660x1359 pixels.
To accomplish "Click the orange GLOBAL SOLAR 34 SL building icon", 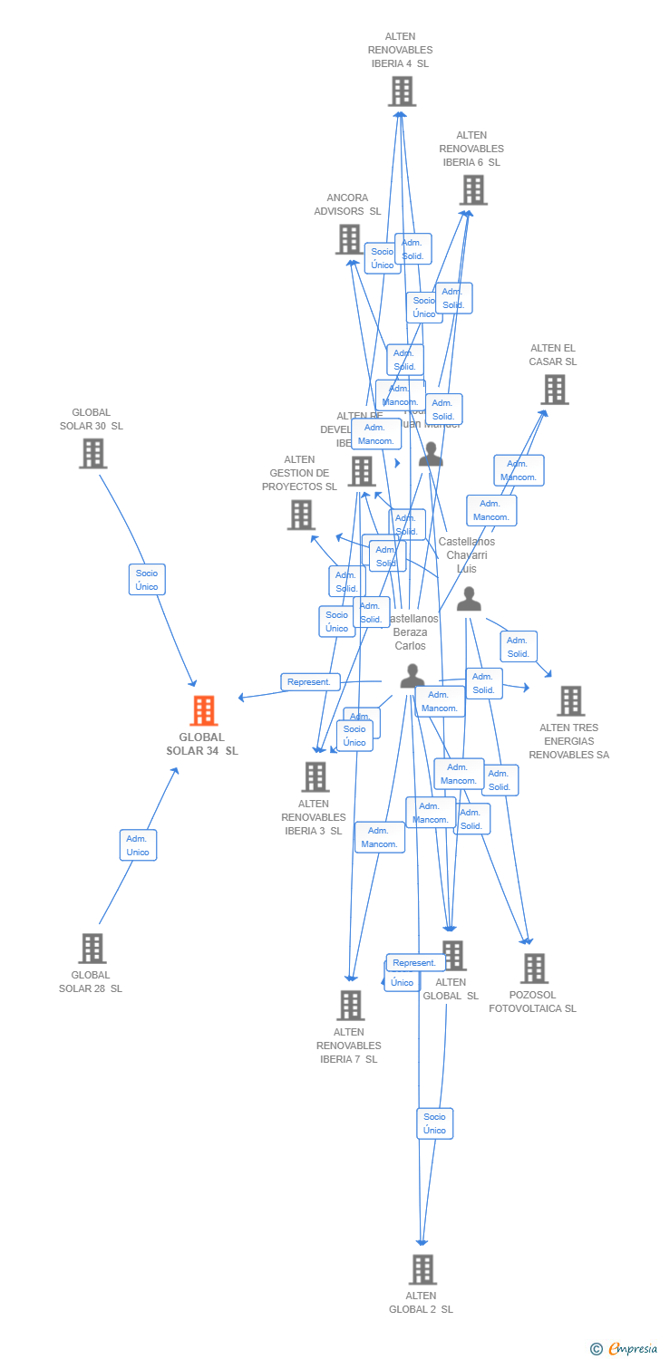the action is click(x=204, y=711).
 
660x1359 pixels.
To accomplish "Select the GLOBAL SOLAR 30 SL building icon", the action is click(x=92, y=453).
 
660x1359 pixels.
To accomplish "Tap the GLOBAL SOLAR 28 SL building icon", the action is click(x=92, y=949).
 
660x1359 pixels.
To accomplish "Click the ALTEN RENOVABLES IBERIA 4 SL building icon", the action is click(x=401, y=92).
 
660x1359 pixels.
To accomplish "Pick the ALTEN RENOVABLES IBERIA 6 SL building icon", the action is click(x=472, y=190).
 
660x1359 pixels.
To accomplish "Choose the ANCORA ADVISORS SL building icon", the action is click(x=349, y=239).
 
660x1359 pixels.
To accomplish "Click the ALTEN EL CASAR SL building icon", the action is click(x=554, y=390).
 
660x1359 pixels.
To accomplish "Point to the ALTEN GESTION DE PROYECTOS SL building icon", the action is click(x=301, y=515).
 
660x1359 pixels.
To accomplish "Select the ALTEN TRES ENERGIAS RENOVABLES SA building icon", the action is click(x=570, y=700).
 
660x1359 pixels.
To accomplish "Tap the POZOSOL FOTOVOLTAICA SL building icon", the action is click(x=534, y=969).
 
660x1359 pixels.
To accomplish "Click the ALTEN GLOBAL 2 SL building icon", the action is click(x=422, y=1269).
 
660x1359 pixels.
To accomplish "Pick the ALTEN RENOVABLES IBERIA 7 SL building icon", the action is click(x=350, y=1005).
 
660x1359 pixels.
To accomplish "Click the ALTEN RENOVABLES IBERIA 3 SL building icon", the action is click(x=315, y=776).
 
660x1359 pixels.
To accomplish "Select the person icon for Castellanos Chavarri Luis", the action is click(x=469, y=599).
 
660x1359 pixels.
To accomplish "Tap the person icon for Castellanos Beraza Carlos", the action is click(x=412, y=676).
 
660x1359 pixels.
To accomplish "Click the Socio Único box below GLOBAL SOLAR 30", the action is click(x=147, y=580).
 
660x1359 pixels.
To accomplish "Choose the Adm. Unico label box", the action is click(x=138, y=845).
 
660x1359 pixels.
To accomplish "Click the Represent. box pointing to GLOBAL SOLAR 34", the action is click(x=310, y=682).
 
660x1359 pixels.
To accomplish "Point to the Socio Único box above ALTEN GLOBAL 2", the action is click(x=434, y=1123).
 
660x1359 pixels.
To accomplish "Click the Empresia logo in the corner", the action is click(x=625, y=1349).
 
